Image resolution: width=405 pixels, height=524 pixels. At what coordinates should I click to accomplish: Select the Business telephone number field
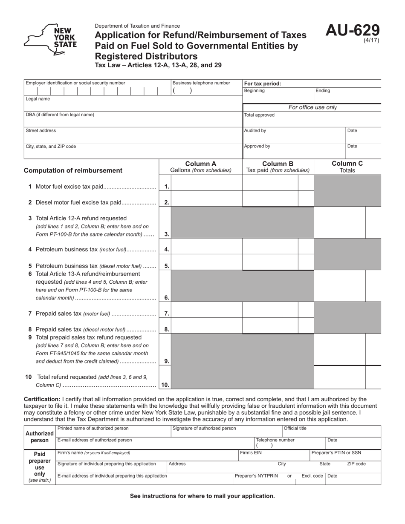206,91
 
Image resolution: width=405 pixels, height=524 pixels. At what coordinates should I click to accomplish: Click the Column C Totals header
347,167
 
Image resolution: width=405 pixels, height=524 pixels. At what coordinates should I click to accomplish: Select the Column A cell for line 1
206,186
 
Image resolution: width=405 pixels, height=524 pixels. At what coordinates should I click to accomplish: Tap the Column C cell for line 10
339,377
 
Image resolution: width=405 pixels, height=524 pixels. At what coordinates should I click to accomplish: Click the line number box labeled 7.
166,314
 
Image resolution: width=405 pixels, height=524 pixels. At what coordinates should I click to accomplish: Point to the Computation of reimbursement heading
73,170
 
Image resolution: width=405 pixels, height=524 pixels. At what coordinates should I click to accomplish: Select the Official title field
331,432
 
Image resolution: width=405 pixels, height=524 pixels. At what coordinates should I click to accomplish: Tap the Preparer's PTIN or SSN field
345,455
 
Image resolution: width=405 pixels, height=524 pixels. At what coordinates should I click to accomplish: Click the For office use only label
312,107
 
